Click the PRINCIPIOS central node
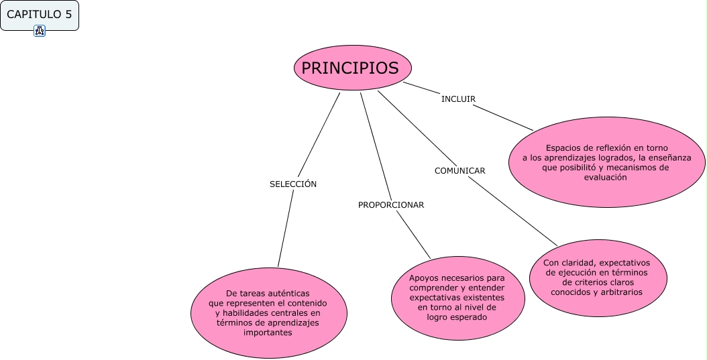[351, 68]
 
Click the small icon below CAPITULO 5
[40, 31]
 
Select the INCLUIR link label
[458, 99]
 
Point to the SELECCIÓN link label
[293, 184]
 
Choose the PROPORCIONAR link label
[391, 205]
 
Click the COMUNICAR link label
[459, 171]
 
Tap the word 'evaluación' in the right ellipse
[605, 178]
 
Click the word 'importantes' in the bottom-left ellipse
[268, 333]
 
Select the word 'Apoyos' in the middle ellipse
[424, 277]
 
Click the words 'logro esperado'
[457, 317]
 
